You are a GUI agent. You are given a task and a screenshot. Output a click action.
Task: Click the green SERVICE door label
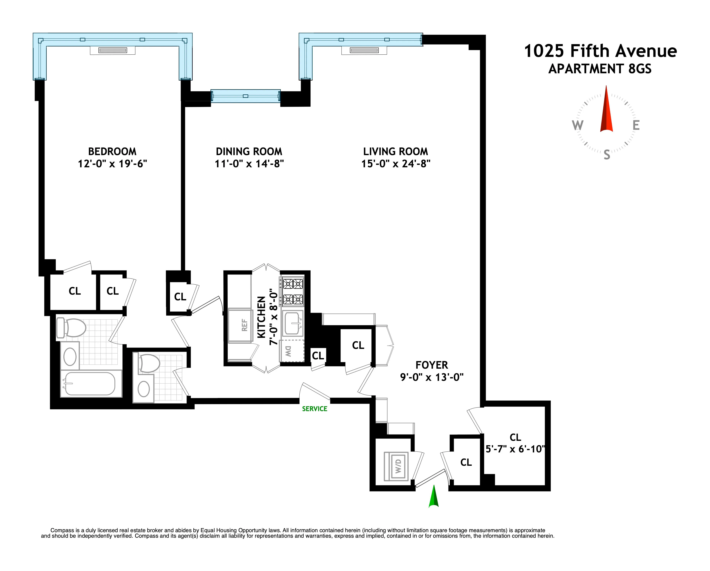[314, 409]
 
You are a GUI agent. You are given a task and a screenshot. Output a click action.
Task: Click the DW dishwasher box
[291, 351]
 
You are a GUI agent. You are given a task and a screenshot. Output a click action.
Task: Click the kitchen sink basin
[292, 323]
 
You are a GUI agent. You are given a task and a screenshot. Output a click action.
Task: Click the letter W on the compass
[578, 125]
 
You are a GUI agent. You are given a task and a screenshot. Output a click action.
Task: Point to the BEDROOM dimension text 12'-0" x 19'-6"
[112, 164]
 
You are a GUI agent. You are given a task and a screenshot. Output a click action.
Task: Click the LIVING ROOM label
[396, 152]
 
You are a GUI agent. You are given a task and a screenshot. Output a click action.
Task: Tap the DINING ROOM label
[249, 152]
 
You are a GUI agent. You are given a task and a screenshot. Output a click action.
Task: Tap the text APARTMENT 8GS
[600, 69]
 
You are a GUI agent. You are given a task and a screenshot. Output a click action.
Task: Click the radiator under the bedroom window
[113, 50]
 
